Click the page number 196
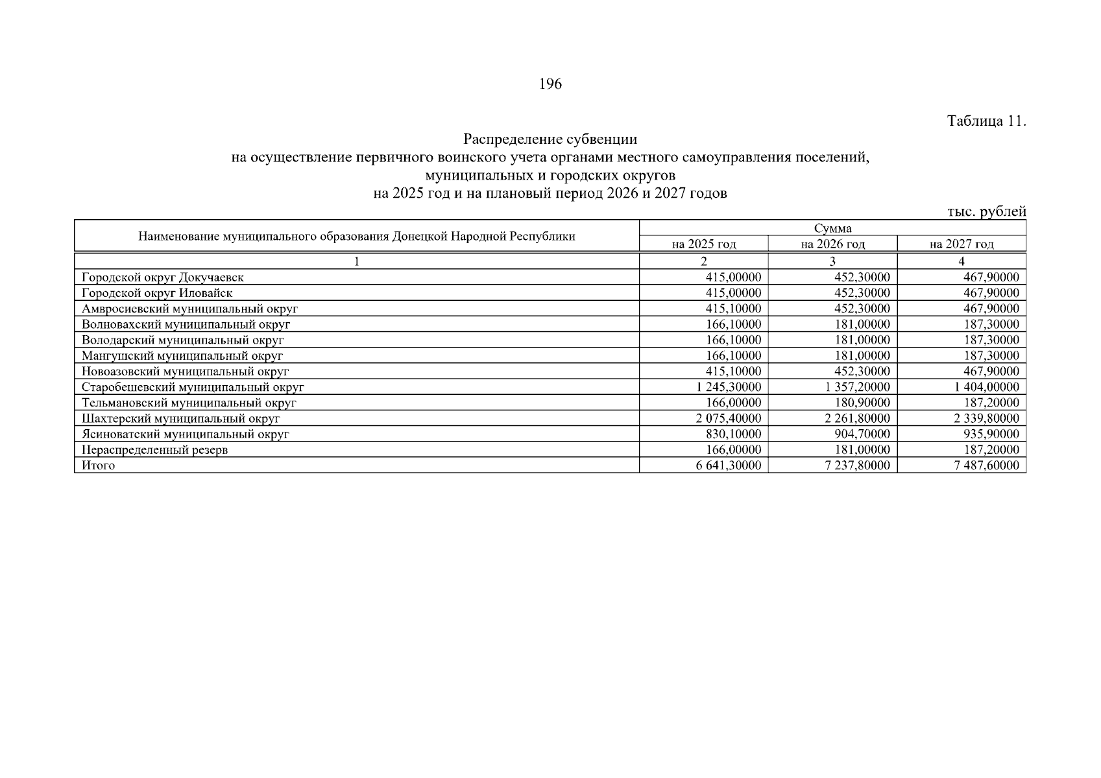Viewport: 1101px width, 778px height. click(550, 84)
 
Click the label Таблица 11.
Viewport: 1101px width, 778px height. click(986, 121)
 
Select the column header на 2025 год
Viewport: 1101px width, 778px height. click(703, 244)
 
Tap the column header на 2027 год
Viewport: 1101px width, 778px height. click(962, 244)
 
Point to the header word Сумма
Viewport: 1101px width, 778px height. click(832, 228)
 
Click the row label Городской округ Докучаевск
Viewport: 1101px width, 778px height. click(163, 277)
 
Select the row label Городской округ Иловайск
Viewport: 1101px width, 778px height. click(157, 293)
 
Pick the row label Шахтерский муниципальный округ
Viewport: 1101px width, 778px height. click(180, 419)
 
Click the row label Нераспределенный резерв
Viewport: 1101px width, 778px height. click(154, 450)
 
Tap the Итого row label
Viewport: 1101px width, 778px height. click(98, 466)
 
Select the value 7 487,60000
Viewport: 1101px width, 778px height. click(986, 466)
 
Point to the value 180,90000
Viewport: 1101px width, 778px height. click(862, 403)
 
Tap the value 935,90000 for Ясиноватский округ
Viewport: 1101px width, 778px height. click(991, 434)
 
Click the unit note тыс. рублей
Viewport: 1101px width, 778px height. click(986, 212)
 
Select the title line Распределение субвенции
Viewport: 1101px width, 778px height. click(550, 139)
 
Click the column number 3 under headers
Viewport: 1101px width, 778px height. click(832, 261)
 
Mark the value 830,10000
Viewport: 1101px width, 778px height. click(733, 434)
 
